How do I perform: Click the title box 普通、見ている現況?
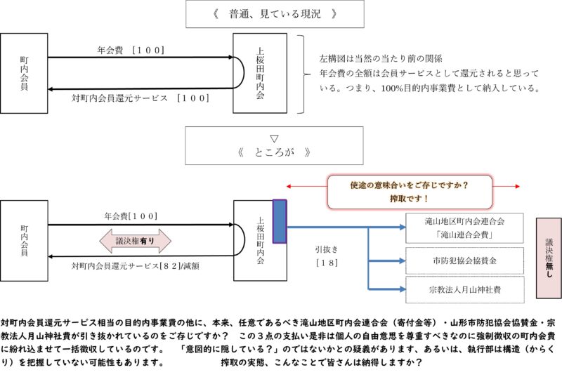[275, 14]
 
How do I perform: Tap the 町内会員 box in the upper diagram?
[24, 74]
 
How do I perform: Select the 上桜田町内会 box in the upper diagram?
[260, 74]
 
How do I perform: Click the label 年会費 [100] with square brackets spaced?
[131, 50]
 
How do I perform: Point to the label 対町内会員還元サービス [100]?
[140, 98]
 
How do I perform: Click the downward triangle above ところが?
[274, 138]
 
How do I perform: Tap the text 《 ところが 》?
[274, 153]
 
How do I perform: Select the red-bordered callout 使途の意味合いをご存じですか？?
[410, 192]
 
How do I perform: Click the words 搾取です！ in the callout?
[410, 199]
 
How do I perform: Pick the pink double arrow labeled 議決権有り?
[135, 241]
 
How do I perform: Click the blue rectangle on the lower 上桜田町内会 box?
[280, 222]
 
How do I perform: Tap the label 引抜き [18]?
[327, 256]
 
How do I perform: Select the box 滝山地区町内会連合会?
[464, 228]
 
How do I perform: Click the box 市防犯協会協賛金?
[464, 260]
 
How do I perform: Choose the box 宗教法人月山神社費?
[465, 290]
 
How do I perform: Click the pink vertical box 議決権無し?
[549, 258]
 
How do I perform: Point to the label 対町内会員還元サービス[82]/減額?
[136, 266]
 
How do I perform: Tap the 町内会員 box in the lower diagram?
[24, 241]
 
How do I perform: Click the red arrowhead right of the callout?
[517, 186]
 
